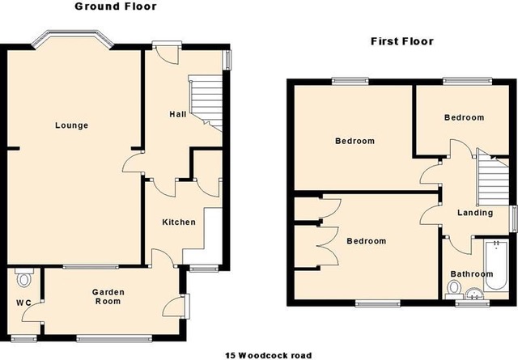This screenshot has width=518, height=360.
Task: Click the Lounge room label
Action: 72,125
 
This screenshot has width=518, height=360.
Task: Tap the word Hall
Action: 178,114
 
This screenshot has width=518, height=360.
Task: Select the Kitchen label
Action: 179,222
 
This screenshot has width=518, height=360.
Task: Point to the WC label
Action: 23,303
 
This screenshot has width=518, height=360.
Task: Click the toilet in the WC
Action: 23,277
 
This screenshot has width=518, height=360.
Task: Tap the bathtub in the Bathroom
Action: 496,265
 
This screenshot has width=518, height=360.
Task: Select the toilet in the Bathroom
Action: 454,290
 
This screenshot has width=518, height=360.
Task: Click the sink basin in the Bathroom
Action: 474,294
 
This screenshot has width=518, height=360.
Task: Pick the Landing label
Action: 475,213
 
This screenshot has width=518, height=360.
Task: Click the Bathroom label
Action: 472,274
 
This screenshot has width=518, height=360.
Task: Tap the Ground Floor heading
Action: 116,6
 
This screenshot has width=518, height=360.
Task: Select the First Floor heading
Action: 402,41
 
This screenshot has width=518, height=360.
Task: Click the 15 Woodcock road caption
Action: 268,356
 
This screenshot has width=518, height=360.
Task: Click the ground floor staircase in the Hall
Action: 205,103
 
